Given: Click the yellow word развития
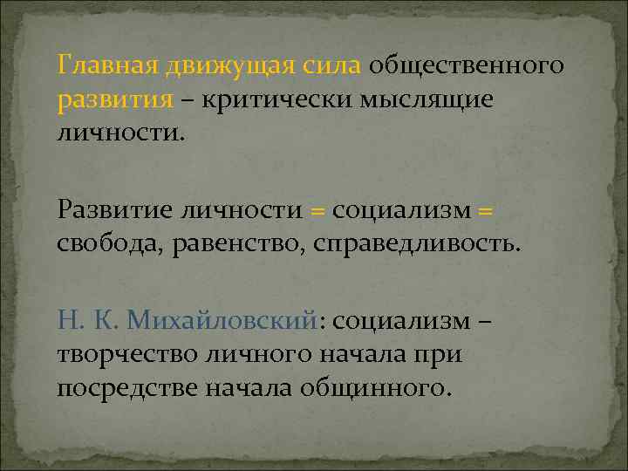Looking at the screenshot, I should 115,100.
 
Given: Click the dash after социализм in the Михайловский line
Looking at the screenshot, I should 486,322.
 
